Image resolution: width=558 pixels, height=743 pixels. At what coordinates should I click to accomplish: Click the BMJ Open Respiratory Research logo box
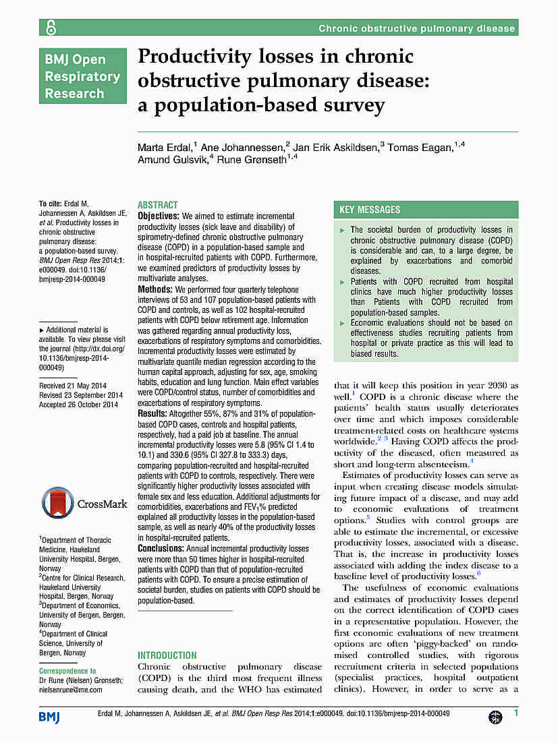pyautogui.click(x=82, y=76)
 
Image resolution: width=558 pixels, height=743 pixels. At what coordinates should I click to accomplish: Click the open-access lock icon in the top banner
pyautogui.click(x=51, y=28)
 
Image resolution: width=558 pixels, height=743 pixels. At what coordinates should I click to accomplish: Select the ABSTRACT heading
pyautogui.click(x=157, y=205)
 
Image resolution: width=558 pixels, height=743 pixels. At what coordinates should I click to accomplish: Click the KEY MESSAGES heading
pyautogui.click(x=370, y=210)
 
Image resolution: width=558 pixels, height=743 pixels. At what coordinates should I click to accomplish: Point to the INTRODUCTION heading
pyautogui.click(x=167, y=655)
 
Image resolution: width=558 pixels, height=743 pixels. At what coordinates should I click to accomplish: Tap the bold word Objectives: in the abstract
pyautogui.click(x=159, y=216)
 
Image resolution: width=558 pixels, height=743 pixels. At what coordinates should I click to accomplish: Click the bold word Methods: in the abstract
pyautogui.click(x=155, y=289)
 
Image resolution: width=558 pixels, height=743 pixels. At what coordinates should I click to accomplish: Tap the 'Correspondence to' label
pyautogui.click(x=67, y=671)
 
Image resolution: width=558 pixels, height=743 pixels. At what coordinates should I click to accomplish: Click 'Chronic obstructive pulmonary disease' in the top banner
pyautogui.click(x=416, y=28)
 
